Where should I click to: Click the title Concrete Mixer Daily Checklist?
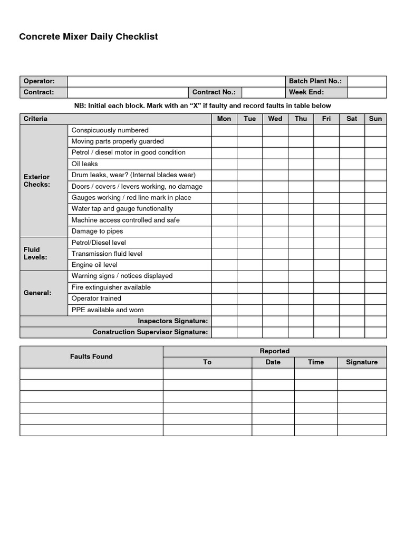click(x=89, y=37)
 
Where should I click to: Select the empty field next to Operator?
click(x=175, y=81)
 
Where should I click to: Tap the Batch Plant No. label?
click(x=315, y=81)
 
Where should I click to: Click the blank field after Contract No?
click(x=263, y=92)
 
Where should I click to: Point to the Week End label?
click(x=306, y=92)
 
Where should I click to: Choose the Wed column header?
click(x=275, y=119)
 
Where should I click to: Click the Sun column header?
click(x=375, y=119)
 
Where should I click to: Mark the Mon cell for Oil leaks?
click(x=224, y=164)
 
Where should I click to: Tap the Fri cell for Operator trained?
click(x=326, y=298)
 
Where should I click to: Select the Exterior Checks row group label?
click(x=37, y=181)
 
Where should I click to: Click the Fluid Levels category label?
click(x=35, y=254)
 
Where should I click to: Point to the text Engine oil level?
click(x=94, y=265)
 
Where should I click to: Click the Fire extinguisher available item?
click(x=111, y=287)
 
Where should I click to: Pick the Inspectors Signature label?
click(x=173, y=321)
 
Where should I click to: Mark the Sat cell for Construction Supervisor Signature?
click(x=352, y=332)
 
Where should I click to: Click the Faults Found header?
click(x=91, y=356)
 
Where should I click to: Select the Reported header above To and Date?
click(x=275, y=351)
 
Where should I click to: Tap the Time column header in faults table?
click(x=316, y=362)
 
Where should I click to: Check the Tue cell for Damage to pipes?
click(x=250, y=232)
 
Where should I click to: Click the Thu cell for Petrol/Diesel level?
click(x=301, y=243)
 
